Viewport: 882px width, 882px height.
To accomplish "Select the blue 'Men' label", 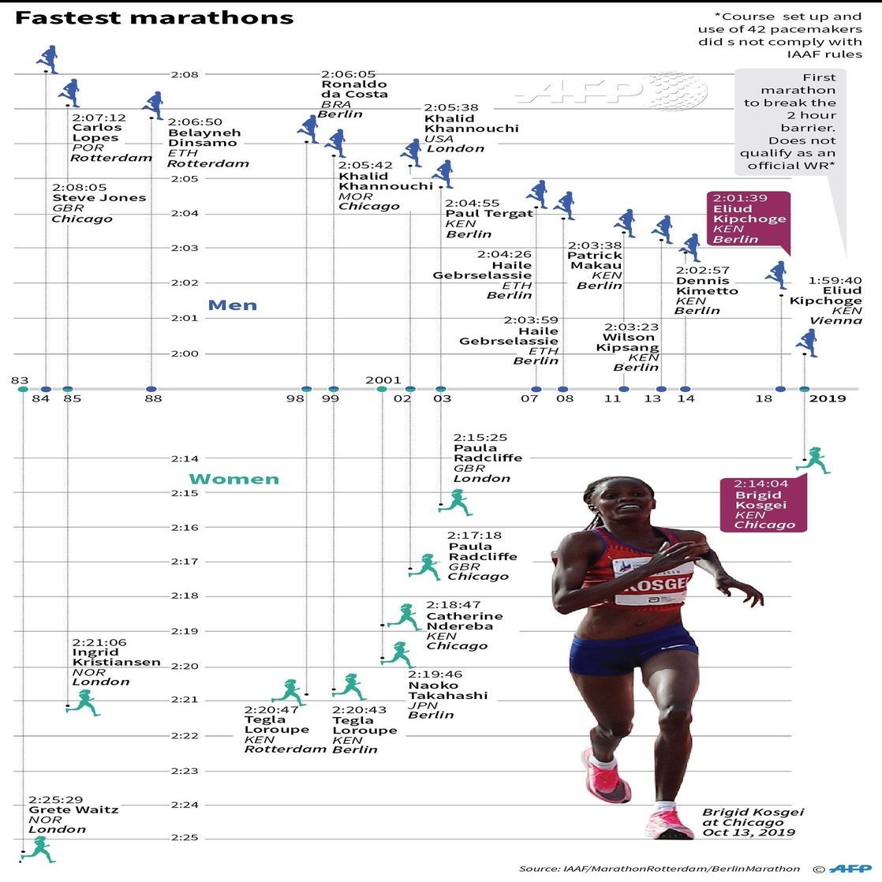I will (232, 305).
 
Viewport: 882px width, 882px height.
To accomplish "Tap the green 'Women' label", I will (234, 479).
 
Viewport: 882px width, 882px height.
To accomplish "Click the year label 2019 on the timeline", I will (828, 398).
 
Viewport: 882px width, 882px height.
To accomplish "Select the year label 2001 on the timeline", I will (383, 379).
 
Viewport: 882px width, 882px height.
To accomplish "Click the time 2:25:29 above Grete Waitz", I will (56, 798).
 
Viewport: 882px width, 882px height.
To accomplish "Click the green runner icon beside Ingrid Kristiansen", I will (84, 702).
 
